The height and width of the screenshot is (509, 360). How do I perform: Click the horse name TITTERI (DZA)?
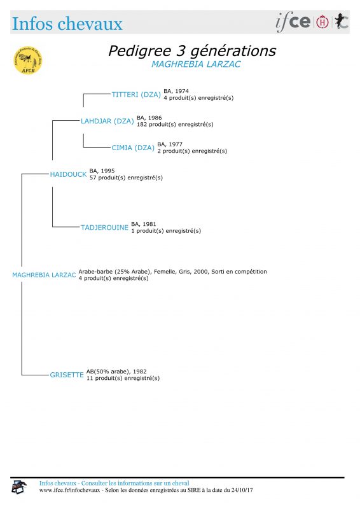136,94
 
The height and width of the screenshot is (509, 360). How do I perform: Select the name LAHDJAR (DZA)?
107,121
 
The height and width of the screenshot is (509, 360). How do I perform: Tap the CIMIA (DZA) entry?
133,148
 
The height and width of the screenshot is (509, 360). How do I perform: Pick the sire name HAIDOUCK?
68,174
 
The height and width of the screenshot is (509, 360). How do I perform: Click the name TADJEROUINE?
104,228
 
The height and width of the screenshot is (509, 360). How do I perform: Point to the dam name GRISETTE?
67,375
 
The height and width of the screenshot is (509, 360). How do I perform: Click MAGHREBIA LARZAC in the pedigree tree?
44,275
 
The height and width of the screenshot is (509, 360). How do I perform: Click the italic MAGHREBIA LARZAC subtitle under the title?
196,64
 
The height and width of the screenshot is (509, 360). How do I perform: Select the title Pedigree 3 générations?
192,51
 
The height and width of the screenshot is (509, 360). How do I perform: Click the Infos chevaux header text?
67,24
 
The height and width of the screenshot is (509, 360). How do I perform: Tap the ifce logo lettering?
293,22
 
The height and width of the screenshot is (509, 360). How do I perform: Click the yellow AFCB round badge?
28,60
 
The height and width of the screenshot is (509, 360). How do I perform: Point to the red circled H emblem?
322,22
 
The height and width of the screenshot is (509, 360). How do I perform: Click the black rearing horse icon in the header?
342,22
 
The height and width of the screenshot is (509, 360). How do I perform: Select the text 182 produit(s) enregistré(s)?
175,124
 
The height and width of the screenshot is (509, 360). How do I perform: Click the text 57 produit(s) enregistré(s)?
126,178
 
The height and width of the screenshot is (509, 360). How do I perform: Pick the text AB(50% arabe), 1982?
116,372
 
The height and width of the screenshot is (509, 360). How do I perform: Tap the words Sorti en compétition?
239,272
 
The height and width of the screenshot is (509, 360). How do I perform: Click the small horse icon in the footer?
19,487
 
